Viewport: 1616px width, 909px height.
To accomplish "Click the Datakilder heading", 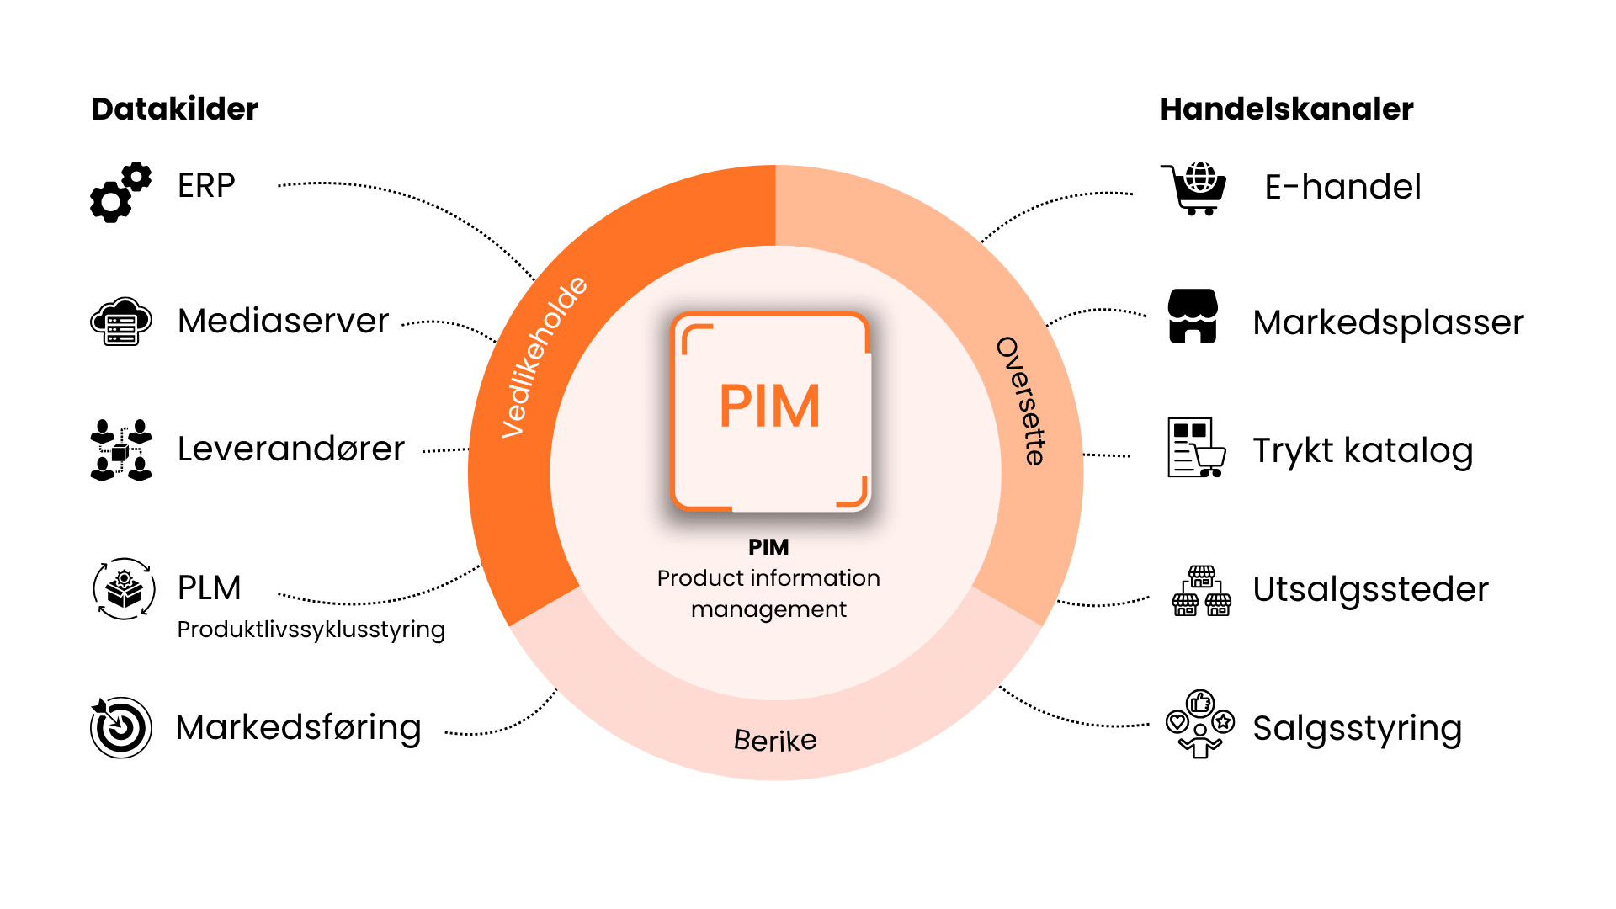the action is [x=174, y=109].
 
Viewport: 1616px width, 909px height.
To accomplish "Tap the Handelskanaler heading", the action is [x=1286, y=109].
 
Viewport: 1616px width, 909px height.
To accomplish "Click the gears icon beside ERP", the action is [x=121, y=193].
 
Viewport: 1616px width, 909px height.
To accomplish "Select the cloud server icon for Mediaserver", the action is [x=121, y=322].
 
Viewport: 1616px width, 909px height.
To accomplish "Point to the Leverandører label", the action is [x=290, y=449].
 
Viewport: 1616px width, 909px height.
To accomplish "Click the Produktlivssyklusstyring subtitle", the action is [x=311, y=630].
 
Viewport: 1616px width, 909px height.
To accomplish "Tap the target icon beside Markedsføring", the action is [x=121, y=727].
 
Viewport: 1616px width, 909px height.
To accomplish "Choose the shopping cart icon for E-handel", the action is [x=1195, y=189].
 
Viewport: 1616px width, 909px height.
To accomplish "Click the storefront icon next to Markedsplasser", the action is [x=1193, y=316].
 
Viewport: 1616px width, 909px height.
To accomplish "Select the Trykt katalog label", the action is [x=1363, y=451].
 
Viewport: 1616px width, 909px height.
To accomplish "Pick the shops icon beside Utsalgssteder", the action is [x=1202, y=591].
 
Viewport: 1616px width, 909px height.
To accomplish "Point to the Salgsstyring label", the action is [x=1357, y=729].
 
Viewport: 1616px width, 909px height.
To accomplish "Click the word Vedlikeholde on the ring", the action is [x=544, y=357].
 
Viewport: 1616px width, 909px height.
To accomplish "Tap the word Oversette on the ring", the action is [x=1022, y=401].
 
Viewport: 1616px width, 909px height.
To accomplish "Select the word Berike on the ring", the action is [x=775, y=741].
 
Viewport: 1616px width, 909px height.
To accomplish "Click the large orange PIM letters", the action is [x=769, y=407].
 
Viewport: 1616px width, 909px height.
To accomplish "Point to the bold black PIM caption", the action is [x=768, y=547].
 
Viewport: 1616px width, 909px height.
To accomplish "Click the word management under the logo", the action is [x=768, y=609].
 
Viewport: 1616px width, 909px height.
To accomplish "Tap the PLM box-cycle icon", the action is [x=124, y=588].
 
